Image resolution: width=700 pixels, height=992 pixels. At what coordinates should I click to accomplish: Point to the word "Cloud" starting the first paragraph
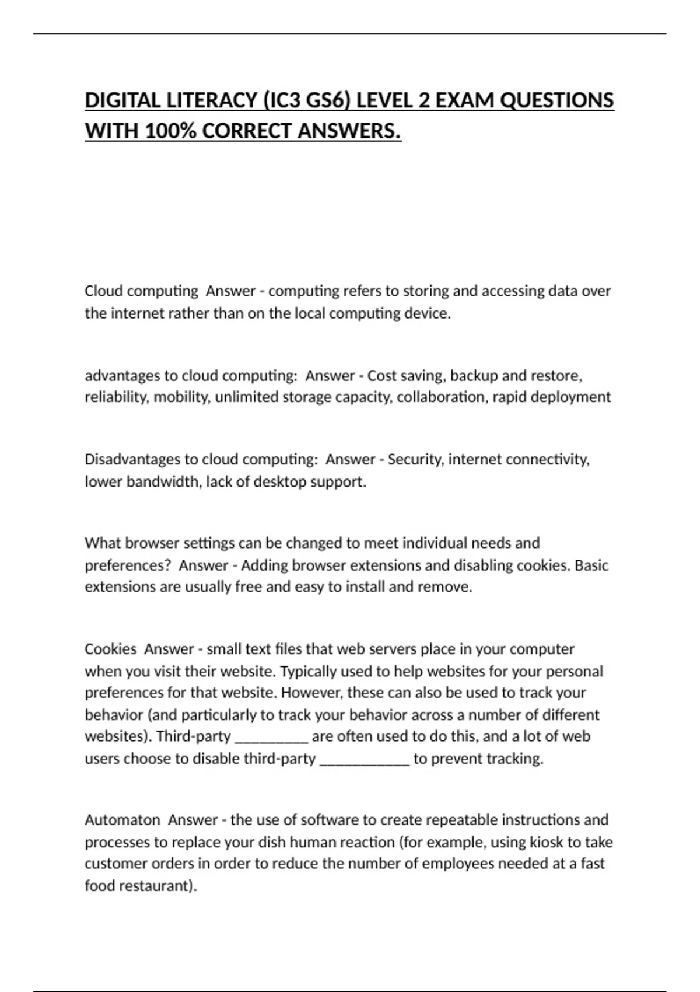pyautogui.click(x=103, y=291)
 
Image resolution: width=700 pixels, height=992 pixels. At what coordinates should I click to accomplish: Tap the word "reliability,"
pyautogui.click(x=117, y=397)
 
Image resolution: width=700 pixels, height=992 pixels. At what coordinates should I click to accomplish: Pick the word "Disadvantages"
pyautogui.click(x=132, y=460)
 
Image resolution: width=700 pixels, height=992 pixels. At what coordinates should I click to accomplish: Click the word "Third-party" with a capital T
pyautogui.click(x=194, y=736)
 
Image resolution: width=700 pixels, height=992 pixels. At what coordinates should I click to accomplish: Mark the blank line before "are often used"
pyautogui.click(x=271, y=739)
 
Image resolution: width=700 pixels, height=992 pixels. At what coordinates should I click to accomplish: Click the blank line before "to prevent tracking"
pyautogui.click(x=365, y=761)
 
